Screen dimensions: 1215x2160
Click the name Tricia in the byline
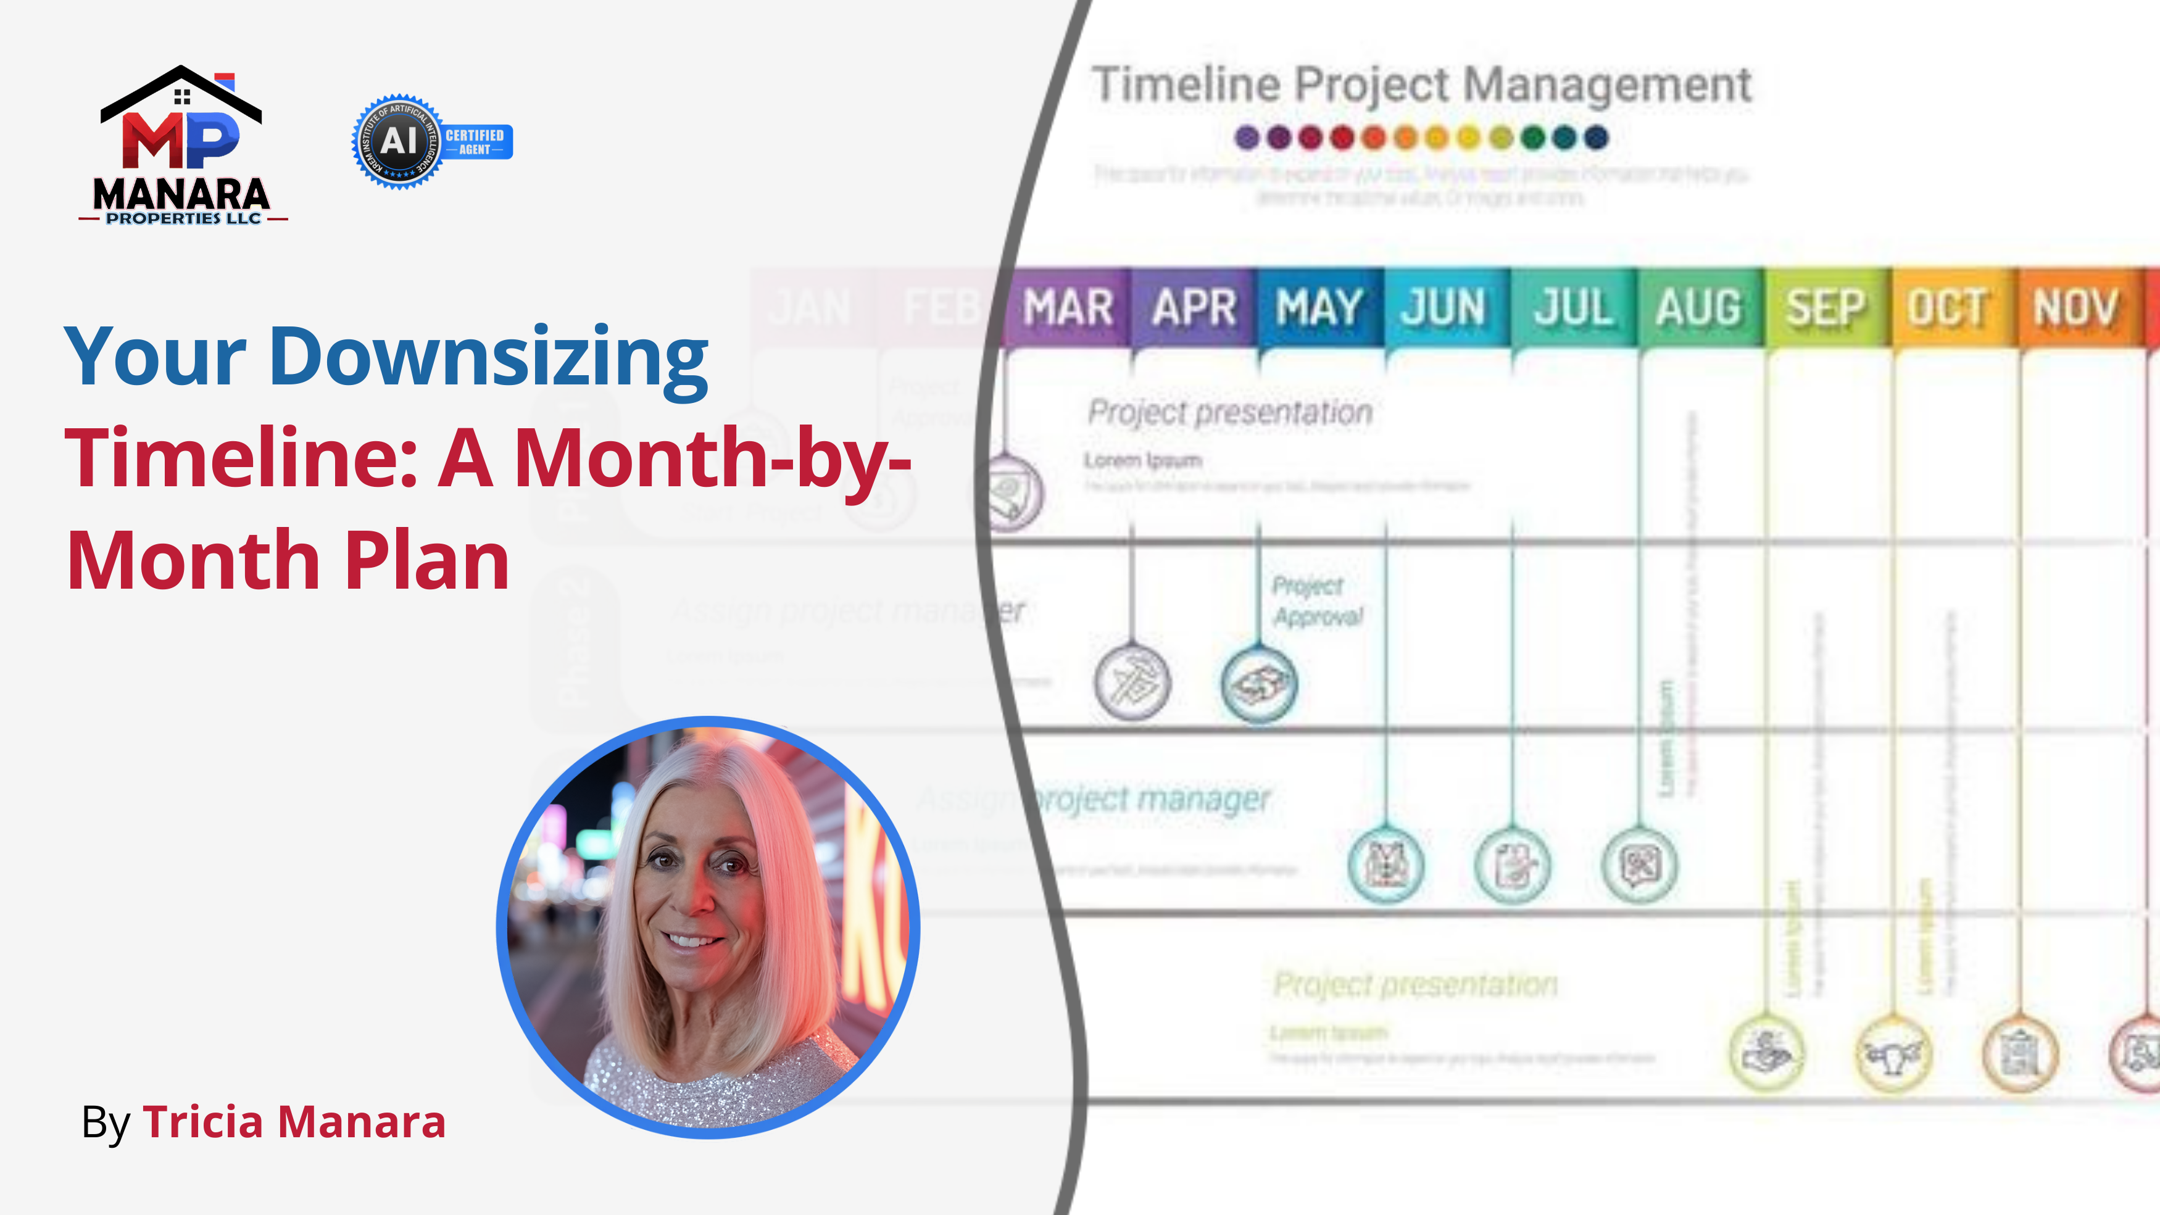coord(203,1122)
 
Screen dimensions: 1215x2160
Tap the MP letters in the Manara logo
coord(180,139)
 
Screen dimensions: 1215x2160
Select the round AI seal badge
coord(398,141)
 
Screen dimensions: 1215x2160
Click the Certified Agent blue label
coord(475,142)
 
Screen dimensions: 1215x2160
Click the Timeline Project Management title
coord(1421,85)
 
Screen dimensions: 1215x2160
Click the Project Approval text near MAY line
coord(1316,600)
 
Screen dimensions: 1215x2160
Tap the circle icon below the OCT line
coord(1893,1054)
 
